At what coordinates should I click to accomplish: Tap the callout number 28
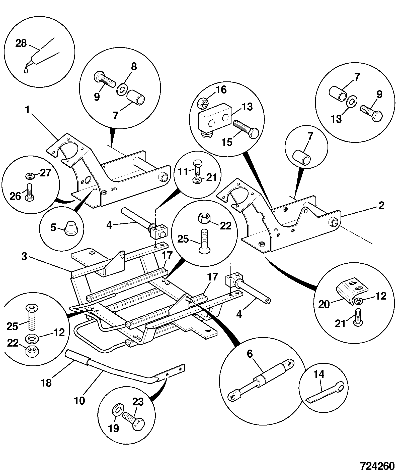tap(21, 43)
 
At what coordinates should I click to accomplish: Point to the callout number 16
tap(221, 89)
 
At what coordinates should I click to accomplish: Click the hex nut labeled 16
tap(202, 103)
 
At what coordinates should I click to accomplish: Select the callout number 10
tap(80, 401)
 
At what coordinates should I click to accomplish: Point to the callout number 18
tap(46, 383)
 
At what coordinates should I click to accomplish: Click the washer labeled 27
tap(29, 175)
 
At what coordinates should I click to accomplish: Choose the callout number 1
tap(27, 110)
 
